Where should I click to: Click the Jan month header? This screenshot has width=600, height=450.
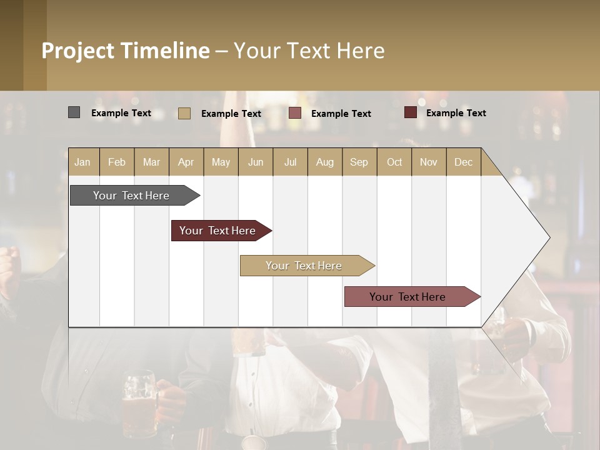pos(82,162)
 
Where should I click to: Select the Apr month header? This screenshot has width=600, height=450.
pos(186,162)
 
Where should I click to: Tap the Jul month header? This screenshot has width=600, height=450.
pos(290,162)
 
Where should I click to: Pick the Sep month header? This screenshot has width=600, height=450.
pos(359,162)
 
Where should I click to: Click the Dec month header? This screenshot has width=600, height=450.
pos(463,162)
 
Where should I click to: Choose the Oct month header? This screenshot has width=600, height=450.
pos(394,162)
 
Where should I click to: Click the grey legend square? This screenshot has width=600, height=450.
pos(74,112)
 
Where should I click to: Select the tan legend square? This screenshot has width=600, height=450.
pos(184,113)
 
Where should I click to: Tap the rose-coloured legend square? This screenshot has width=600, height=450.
pos(295,113)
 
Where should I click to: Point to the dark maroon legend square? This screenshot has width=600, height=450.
pos(410,112)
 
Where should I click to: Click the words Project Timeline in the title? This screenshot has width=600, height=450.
pos(125,51)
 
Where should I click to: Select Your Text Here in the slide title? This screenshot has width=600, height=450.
pos(309,51)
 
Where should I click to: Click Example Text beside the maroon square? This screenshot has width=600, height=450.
pos(456,112)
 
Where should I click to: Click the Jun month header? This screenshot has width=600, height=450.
pos(256,162)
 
